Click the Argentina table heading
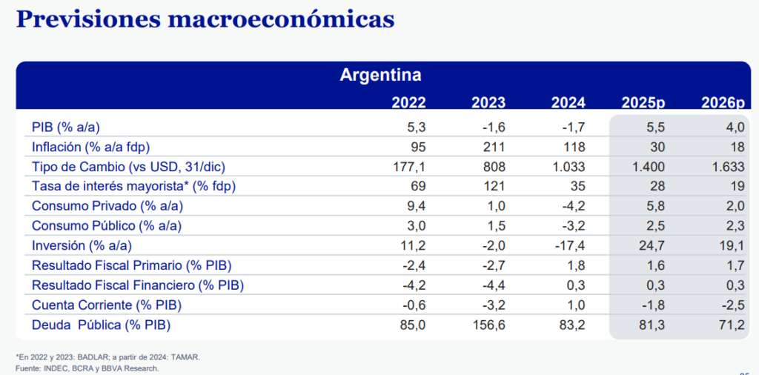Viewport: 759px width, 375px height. coord(380,75)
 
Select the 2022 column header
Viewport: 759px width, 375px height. coord(408,103)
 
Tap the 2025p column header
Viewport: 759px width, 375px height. coord(643,103)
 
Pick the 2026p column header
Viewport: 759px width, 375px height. coord(722,103)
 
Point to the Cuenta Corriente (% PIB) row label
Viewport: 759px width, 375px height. coord(107,305)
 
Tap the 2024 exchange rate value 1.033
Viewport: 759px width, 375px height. coord(569,166)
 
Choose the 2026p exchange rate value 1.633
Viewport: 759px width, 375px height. coord(727,166)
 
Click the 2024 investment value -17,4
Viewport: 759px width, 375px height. coord(570,245)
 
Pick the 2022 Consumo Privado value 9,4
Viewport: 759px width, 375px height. coord(415,206)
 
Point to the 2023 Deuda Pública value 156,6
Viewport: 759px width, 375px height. coord(488,324)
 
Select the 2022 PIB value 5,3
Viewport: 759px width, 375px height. coord(415,127)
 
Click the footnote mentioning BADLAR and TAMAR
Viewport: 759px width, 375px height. coord(107,357)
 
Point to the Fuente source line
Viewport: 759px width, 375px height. coord(87,368)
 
